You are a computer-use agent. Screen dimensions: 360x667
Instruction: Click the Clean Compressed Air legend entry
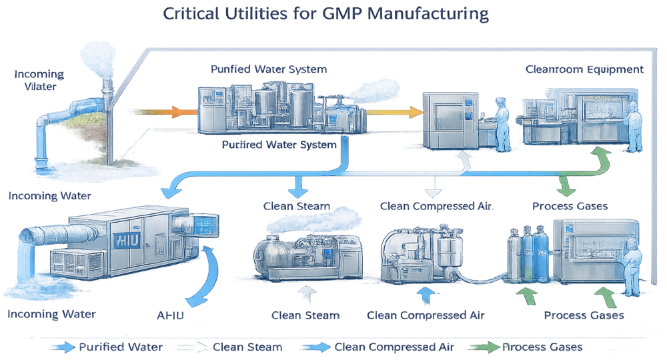(374, 347)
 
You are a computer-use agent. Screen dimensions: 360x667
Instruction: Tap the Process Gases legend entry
(527, 347)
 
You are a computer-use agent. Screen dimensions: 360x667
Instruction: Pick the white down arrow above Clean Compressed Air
(435, 187)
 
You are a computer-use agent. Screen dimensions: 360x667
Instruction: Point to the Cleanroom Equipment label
(584, 69)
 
